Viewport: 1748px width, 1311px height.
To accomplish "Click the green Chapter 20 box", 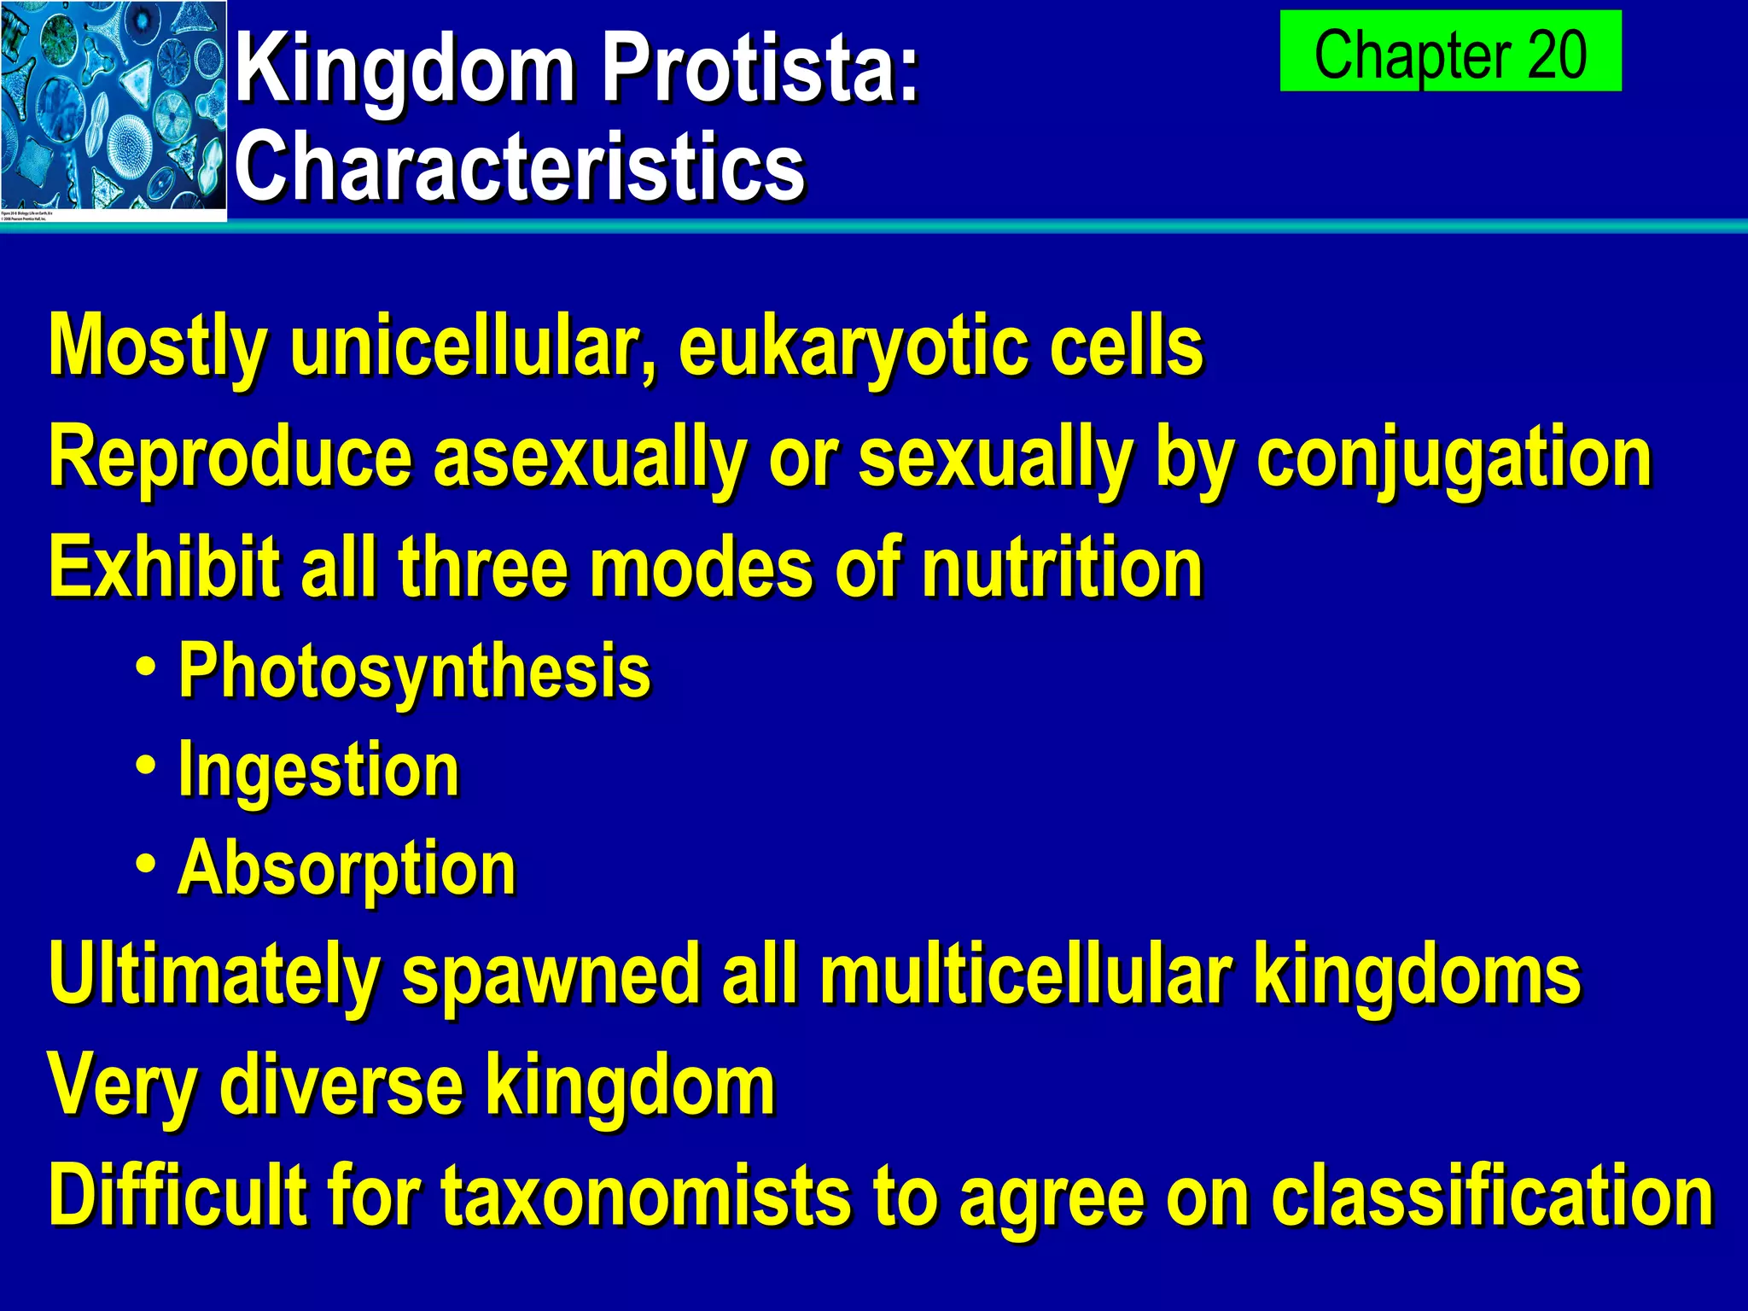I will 1449,51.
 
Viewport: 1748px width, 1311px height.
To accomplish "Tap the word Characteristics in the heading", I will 519,166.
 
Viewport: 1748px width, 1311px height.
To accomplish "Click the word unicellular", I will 473,347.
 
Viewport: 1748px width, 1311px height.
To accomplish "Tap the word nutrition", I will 1063,568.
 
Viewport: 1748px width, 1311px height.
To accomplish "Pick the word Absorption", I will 347,868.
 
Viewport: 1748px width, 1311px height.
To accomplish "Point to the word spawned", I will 551,975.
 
